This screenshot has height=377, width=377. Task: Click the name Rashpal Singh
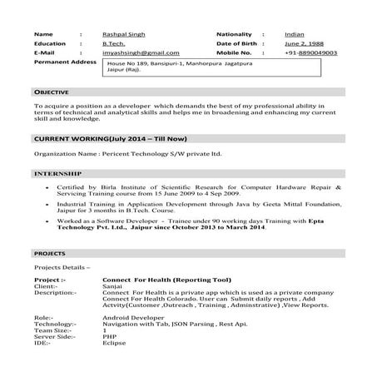pos(123,34)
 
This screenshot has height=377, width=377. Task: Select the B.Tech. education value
pos(114,43)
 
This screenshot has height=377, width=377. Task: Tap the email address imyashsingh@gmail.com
pos(141,52)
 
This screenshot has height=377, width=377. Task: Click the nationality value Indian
pos(294,34)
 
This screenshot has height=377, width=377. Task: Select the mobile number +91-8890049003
pos(310,52)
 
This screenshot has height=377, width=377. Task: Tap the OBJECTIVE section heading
pos(52,91)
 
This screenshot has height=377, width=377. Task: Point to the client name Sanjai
pos(112,286)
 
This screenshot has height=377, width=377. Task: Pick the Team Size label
pos(51,330)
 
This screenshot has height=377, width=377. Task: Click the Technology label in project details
pos(55,324)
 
